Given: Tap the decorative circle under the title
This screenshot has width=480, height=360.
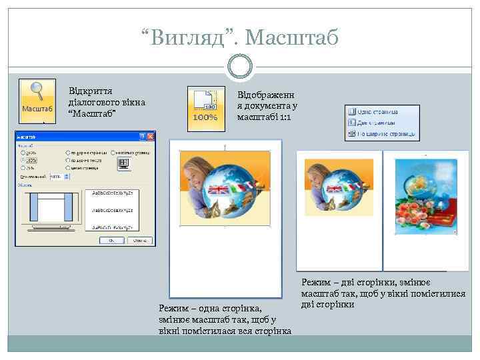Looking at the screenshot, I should (239, 67).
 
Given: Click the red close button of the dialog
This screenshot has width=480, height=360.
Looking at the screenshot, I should (152, 135).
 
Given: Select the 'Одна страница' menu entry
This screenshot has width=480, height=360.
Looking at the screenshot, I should (377, 111).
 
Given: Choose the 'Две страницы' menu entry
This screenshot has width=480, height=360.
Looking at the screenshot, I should (376, 123).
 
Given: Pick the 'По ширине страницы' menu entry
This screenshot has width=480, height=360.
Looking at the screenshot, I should (381, 134).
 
